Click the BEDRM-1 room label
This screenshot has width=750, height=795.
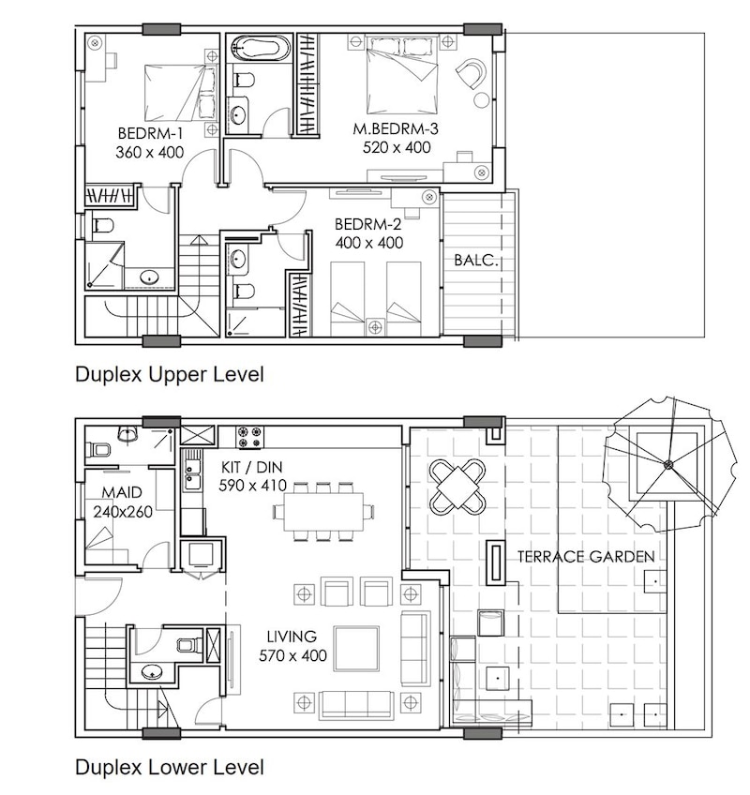click(x=150, y=133)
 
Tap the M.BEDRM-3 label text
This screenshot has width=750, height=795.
click(x=396, y=128)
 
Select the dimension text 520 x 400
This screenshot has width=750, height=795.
click(x=397, y=147)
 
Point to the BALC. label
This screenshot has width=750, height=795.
click(x=476, y=260)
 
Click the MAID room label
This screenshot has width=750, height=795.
click(x=122, y=492)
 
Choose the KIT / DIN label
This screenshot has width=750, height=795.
click(x=252, y=467)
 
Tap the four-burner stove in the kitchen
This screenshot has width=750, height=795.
click(x=250, y=438)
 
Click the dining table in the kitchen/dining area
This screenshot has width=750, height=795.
click(x=324, y=512)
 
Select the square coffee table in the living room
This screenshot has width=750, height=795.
click(x=356, y=649)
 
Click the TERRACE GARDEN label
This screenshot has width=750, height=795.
click(x=586, y=557)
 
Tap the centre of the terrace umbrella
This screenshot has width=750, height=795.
click(x=668, y=463)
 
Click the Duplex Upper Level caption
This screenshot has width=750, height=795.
click(x=170, y=375)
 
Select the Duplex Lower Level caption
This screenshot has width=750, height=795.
click(x=170, y=767)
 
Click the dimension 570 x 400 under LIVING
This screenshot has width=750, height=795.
click(x=292, y=655)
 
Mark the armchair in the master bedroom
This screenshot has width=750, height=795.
click(x=472, y=73)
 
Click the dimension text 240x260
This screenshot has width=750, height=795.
click(x=123, y=512)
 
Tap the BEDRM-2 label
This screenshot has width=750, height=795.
click(x=368, y=223)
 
